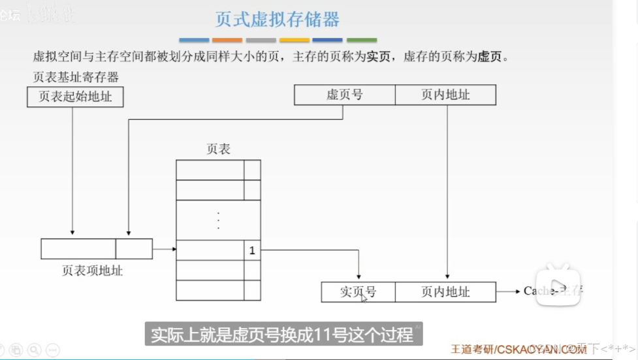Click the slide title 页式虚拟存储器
(278, 20)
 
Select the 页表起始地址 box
(75, 97)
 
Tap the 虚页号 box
(345, 95)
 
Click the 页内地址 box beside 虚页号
(445, 95)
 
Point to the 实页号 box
(358, 291)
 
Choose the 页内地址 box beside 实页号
(445, 291)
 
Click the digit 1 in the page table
(252, 250)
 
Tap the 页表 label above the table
(218, 149)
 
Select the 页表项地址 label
(92, 270)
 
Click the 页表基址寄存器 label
(76, 77)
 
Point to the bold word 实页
(377, 57)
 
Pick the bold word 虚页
(490, 57)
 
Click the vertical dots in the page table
(218, 220)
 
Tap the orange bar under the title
(227, 40)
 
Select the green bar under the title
(362, 40)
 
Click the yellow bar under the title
(295, 40)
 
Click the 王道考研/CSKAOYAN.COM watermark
(518, 350)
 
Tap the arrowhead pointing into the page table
(173, 249)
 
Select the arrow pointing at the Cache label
(509, 291)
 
